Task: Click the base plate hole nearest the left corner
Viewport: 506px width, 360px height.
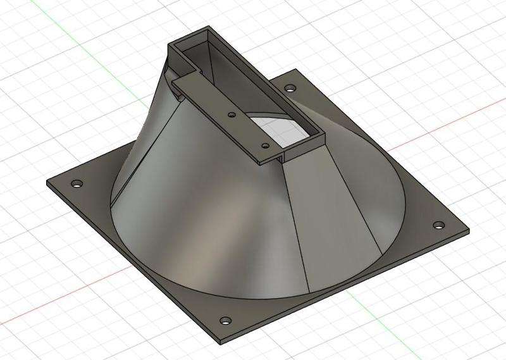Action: click(x=77, y=183)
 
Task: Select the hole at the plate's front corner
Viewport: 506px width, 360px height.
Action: click(x=224, y=320)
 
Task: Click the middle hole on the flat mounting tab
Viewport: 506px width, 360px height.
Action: click(x=232, y=115)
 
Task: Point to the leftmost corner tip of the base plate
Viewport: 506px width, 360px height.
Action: click(x=47, y=183)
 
